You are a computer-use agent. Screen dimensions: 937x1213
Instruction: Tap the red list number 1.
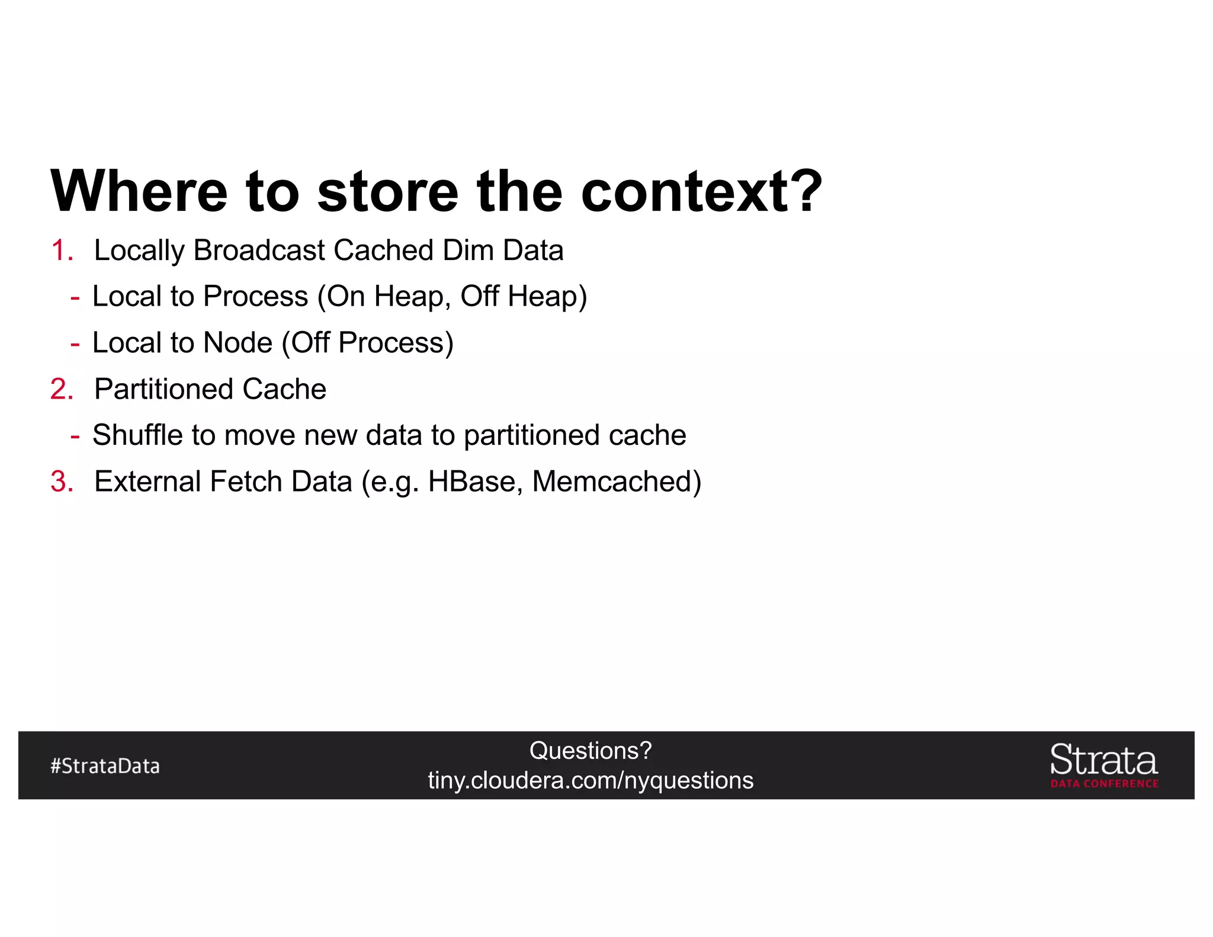(x=62, y=251)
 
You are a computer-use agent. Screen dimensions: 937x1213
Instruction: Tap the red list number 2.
(x=62, y=389)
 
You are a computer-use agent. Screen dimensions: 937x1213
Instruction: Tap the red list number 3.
(x=62, y=482)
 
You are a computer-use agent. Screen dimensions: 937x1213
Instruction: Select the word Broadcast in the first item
(x=260, y=251)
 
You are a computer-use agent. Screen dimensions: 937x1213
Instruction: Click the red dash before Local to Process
(x=75, y=297)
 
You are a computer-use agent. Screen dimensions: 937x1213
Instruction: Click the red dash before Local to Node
(x=75, y=343)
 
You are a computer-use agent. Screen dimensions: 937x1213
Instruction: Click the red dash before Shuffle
(x=75, y=436)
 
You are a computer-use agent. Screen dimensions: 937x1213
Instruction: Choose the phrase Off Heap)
(x=524, y=297)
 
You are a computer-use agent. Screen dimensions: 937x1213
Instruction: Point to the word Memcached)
(x=617, y=482)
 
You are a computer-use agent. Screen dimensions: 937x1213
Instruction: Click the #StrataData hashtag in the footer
(x=105, y=766)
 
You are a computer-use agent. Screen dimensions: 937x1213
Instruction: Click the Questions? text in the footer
(x=591, y=751)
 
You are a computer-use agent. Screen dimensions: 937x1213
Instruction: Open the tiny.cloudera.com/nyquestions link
(x=591, y=781)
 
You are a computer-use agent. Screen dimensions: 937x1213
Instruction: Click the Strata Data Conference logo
(x=1104, y=766)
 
